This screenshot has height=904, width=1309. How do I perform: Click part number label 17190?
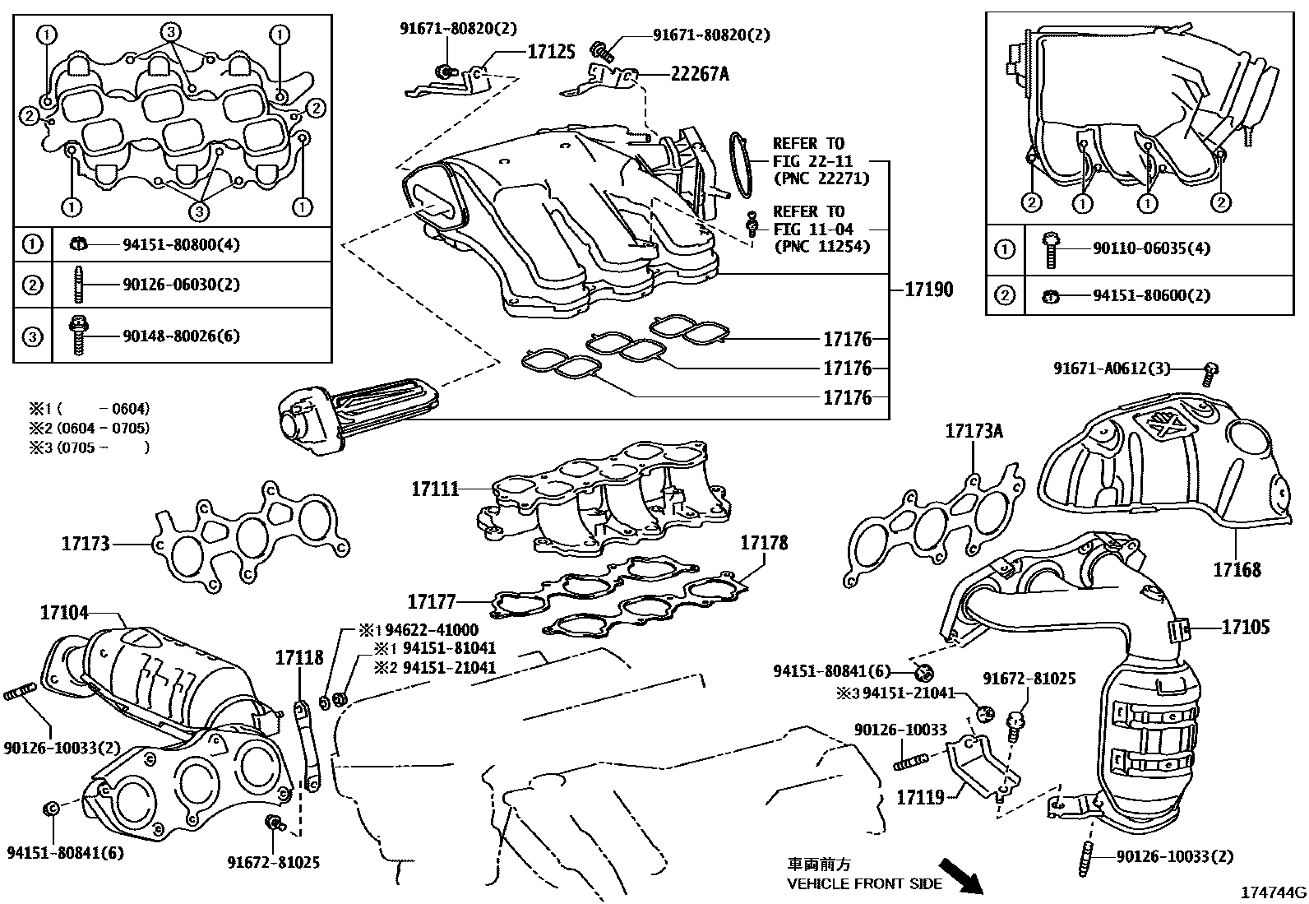pyautogui.click(x=928, y=290)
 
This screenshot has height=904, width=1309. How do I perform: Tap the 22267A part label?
pyautogui.click(x=699, y=74)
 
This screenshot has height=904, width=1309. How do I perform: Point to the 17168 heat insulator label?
pyautogui.click(x=1237, y=569)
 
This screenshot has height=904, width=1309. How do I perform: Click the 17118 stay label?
pyautogui.click(x=299, y=657)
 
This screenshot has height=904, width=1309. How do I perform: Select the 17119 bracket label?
pyautogui.click(x=919, y=797)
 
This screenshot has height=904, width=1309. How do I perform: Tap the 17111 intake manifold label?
pyautogui.click(x=435, y=489)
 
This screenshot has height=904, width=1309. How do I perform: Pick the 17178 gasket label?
pyautogui.click(x=763, y=543)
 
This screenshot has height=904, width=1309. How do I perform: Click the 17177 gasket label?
pyautogui.click(x=432, y=602)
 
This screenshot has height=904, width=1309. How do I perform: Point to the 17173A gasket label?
pyautogui.click(x=974, y=431)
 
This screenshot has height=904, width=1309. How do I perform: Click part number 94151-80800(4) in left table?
pyautogui.click(x=181, y=244)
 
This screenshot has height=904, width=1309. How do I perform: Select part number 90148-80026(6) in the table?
pyautogui.click(x=181, y=336)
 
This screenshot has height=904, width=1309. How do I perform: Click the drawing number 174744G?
pyautogui.click(x=1273, y=892)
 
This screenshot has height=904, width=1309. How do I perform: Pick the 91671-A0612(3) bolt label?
pyautogui.click(x=1112, y=369)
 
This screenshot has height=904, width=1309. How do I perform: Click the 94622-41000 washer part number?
pyautogui.click(x=432, y=630)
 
